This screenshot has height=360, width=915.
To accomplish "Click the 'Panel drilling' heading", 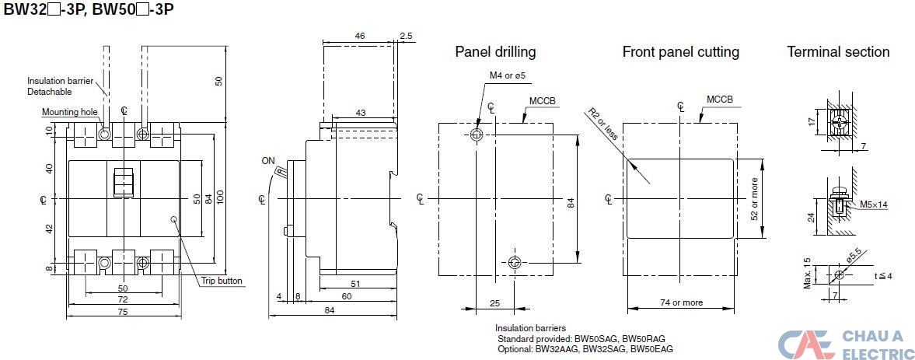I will point(495,52).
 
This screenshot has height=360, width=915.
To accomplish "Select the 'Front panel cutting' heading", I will point(680,52).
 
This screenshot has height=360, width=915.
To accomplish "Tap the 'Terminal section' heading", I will point(838,52).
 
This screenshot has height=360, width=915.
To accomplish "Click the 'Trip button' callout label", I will point(222,281).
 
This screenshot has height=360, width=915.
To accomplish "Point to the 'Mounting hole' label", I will point(70,112).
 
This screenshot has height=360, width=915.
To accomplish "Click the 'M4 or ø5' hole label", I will point(508,75).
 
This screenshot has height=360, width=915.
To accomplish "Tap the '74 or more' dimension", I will point(680,302).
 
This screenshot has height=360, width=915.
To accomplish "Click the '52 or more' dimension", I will point(753,198).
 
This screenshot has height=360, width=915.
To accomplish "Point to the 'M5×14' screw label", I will point(874,205).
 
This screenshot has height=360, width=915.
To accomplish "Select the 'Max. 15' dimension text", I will point(807,273).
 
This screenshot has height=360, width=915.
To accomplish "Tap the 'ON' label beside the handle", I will point(268,162).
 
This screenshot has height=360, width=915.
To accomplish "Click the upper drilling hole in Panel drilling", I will point(477,135).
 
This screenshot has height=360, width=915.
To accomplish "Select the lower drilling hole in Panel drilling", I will point(514,263).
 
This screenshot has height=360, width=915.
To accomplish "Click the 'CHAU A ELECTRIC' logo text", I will point(878,344).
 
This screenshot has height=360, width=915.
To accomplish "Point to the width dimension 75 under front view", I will point(124,310).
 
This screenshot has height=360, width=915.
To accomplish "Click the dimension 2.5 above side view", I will point(406,36).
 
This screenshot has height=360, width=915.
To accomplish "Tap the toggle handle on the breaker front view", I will point(123,182).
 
